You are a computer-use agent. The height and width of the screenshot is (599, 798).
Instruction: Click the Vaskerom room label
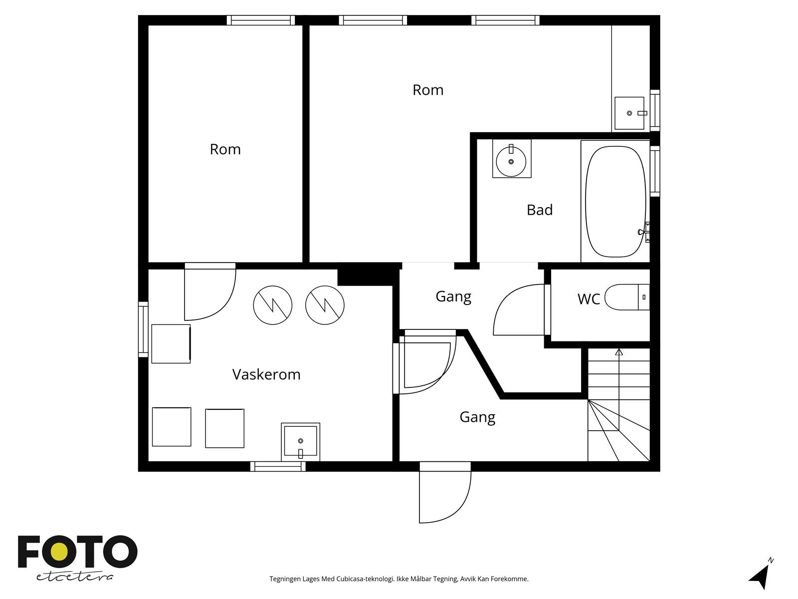pos(266,374)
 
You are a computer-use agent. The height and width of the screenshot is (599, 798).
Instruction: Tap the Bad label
pos(540,210)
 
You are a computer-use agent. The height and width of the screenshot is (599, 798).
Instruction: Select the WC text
pos(589,299)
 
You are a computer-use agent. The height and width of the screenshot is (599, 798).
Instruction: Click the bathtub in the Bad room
pos(615,202)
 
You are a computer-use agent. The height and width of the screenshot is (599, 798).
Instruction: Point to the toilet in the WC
pos(627,297)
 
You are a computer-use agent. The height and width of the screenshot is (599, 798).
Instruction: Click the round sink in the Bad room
pos(511,161)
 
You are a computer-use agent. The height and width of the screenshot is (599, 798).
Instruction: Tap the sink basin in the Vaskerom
pos(300,442)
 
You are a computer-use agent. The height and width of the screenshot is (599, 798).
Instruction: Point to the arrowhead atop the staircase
pos(619,352)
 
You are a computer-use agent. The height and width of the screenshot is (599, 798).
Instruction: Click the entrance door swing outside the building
pos(445,497)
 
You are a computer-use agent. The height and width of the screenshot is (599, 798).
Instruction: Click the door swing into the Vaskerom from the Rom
pos(210,295)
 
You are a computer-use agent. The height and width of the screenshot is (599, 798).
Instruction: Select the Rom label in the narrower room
pos(225,149)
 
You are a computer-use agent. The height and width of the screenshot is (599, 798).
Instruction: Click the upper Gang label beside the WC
pos(453,297)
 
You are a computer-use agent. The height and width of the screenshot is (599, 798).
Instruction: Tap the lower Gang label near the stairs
pos(477,417)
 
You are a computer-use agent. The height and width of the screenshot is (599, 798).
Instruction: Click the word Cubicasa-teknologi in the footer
pos(366,579)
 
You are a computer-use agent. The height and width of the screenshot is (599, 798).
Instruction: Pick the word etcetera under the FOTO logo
pos(74,577)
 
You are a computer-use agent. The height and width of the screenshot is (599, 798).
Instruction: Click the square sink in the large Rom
pos(629,113)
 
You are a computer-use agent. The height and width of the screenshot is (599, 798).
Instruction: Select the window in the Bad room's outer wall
pos(655,171)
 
